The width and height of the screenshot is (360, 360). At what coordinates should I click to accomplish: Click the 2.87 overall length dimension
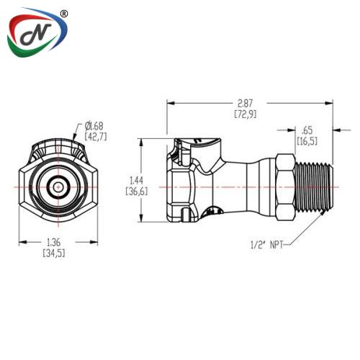[x=246, y=109]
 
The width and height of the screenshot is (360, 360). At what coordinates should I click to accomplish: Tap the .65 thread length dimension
[x=307, y=136]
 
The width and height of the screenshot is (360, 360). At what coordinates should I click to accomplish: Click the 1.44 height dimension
[x=137, y=186]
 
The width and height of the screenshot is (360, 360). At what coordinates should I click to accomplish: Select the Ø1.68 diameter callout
[x=96, y=131]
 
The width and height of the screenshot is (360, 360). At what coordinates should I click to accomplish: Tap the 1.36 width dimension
[x=54, y=248]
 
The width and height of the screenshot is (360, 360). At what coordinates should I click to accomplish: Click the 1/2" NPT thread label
[x=266, y=245]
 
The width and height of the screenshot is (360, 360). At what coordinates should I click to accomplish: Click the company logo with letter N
[x=37, y=32]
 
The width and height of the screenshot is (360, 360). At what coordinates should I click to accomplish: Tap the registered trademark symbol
[x=63, y=14]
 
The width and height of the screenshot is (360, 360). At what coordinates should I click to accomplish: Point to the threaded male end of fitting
[x=314, y=187]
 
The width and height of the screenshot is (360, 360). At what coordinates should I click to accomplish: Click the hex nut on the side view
[x=285, y=187]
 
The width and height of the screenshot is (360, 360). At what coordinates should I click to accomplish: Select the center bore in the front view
[x=58, y=187]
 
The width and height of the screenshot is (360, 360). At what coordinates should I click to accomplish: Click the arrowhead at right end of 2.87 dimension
[x=329, y=103]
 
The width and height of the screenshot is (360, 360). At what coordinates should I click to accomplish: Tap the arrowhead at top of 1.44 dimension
[x=141, y=143]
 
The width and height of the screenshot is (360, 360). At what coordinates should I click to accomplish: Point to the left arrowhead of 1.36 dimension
[x=23, y=242]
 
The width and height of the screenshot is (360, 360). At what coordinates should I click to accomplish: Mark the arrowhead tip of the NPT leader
[x=326, y=211]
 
